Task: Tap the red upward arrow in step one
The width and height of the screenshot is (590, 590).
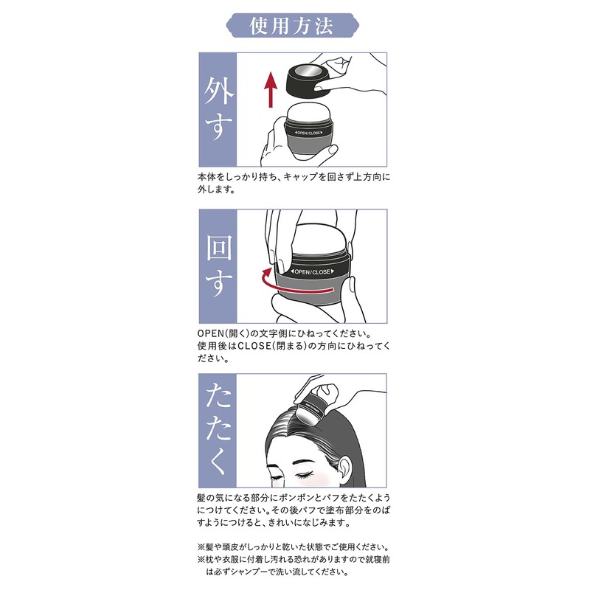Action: [x=271, y=87]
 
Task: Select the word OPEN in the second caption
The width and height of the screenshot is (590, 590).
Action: [x=211, y=334]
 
